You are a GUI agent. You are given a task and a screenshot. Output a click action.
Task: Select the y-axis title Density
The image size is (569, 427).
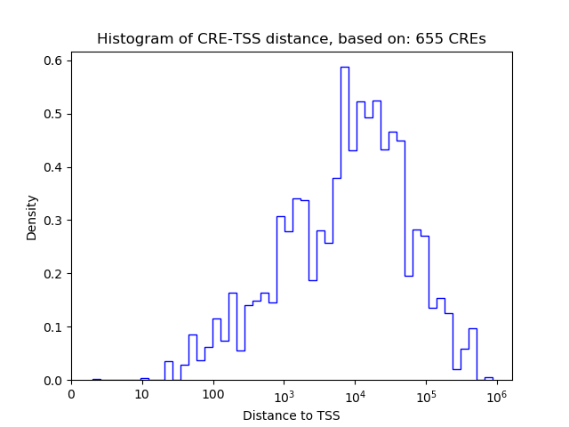click(32, 217)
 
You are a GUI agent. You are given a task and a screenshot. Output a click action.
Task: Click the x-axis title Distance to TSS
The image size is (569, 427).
click(291, 415)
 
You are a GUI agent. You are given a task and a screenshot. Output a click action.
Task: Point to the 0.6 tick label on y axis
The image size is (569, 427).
click(54, 60)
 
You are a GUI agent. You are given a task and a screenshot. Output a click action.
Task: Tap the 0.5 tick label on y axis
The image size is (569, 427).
click(54, 114)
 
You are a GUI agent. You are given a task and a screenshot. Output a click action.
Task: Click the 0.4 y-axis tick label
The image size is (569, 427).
click(54, 167)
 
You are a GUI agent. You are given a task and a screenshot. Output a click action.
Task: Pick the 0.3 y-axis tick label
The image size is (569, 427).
click(54, 221)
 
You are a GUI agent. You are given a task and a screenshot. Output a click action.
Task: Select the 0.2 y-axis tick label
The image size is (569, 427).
click(54, 274)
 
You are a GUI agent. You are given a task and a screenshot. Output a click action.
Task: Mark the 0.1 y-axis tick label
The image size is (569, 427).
click(54, 327)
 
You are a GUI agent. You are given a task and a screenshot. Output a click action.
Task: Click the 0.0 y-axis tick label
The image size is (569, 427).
click(54, 381)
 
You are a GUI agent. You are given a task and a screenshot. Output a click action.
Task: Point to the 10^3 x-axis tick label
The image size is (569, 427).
click(284, 394)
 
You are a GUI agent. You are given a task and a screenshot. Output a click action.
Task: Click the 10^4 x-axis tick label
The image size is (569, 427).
click(355, 394)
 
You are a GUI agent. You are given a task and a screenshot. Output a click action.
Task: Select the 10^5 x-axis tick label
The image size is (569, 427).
click(425, 394)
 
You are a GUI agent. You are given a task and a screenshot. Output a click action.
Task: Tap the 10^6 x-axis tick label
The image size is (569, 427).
click(496, 394)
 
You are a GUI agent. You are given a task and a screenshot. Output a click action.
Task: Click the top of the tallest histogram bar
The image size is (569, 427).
click(344, 67)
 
